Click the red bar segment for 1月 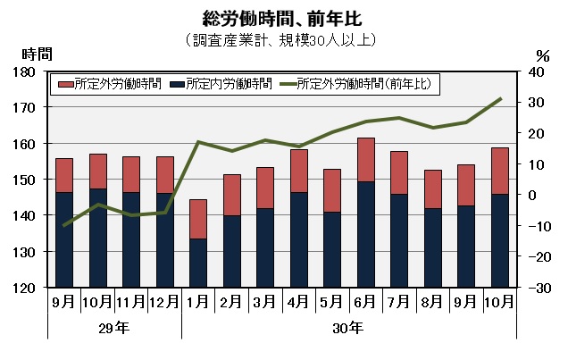pos(198,219)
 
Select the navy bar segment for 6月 pos(366,234)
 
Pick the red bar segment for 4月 pos(299,171)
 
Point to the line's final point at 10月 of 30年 pos(500,98)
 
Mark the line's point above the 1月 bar pos(198,142)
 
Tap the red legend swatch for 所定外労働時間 pos(65,84)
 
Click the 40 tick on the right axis pos(533,71)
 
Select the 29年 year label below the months pos(113,327)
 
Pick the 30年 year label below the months pos(349,327)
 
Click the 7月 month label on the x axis pos(399,302)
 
